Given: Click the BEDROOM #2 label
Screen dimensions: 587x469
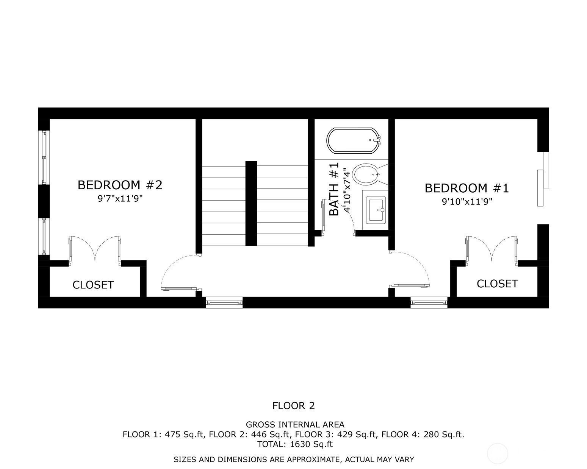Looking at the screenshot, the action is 120,185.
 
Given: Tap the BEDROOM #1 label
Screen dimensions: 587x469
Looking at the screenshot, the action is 467,188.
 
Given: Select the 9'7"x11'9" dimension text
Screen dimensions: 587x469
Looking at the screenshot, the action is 120,199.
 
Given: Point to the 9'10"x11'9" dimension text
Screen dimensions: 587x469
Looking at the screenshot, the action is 467,202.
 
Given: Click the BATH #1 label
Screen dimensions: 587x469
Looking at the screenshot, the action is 334,189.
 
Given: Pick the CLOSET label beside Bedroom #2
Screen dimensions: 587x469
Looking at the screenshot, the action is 93,285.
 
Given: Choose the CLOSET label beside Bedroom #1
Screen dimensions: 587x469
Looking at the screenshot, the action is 497,284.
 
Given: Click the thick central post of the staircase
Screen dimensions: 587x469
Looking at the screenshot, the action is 251,204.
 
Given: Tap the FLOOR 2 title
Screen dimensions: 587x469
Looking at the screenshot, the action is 293,406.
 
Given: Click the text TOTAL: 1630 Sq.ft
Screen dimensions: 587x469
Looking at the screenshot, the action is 295,444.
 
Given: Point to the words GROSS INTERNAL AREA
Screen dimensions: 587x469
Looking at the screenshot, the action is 295,425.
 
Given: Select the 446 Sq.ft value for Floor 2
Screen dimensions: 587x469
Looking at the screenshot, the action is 270,435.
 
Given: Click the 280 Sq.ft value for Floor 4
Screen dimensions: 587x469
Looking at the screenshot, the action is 443,435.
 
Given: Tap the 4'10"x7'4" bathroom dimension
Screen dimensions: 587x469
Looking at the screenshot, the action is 347,190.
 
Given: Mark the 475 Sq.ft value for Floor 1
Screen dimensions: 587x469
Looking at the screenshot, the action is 184,435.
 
